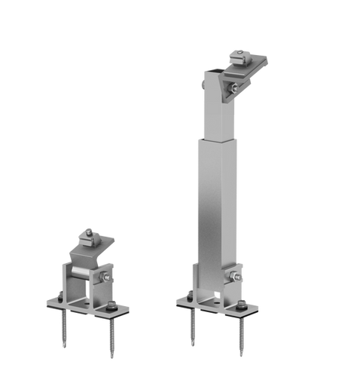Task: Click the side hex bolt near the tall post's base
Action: pos(240,276)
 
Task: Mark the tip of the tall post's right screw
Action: pos(240,357)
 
